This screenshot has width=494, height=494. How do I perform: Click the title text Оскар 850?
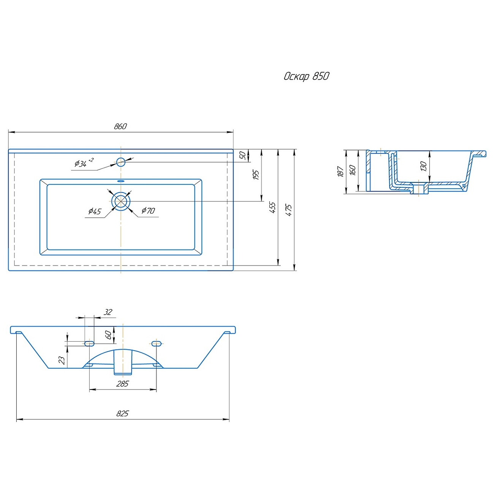pyautogui.click(x=306, y=76)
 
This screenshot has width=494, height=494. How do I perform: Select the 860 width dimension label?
pyautogui.click(x=120, y=126)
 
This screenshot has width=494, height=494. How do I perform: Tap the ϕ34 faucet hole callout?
pyautogui.click(x=81, y=164)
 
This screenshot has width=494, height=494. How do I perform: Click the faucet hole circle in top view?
pyautogui.click(x=121, y=162)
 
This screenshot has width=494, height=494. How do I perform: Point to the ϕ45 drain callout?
pyautogui.click(x=95, y=211)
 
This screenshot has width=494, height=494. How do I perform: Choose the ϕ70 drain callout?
pyautogui.click(x=148, y=211)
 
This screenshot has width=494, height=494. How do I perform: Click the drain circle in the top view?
pyautogui.click(x=121, y=201)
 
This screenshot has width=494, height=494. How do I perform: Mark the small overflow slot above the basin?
pyautogui.click(x=121, y=181)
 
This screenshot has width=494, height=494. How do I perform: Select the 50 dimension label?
pyautogui.click(x=242, y=155)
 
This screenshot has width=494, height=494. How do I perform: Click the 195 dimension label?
pyautogui.click(x=256, y=175)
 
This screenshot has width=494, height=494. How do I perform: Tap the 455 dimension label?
pyautogui.click(x=272, y=207)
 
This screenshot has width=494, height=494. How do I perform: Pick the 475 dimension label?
pyautogui.click(x=289, y=210)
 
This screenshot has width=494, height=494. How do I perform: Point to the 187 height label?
pyautogui.click(x=340, y=172)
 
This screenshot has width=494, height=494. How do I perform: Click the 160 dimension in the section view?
pyautogui.click(x=353, y=170)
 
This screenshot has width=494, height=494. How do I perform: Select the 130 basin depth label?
pyautogui.click(x=424, y=166)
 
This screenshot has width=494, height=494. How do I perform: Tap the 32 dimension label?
pyautogui.click(x=108, y=312)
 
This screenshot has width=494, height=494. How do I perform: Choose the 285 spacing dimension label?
pyautogui.click(x=122, y=384)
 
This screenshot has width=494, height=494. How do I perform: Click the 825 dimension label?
pyautogui.click(x=122, y=413)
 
